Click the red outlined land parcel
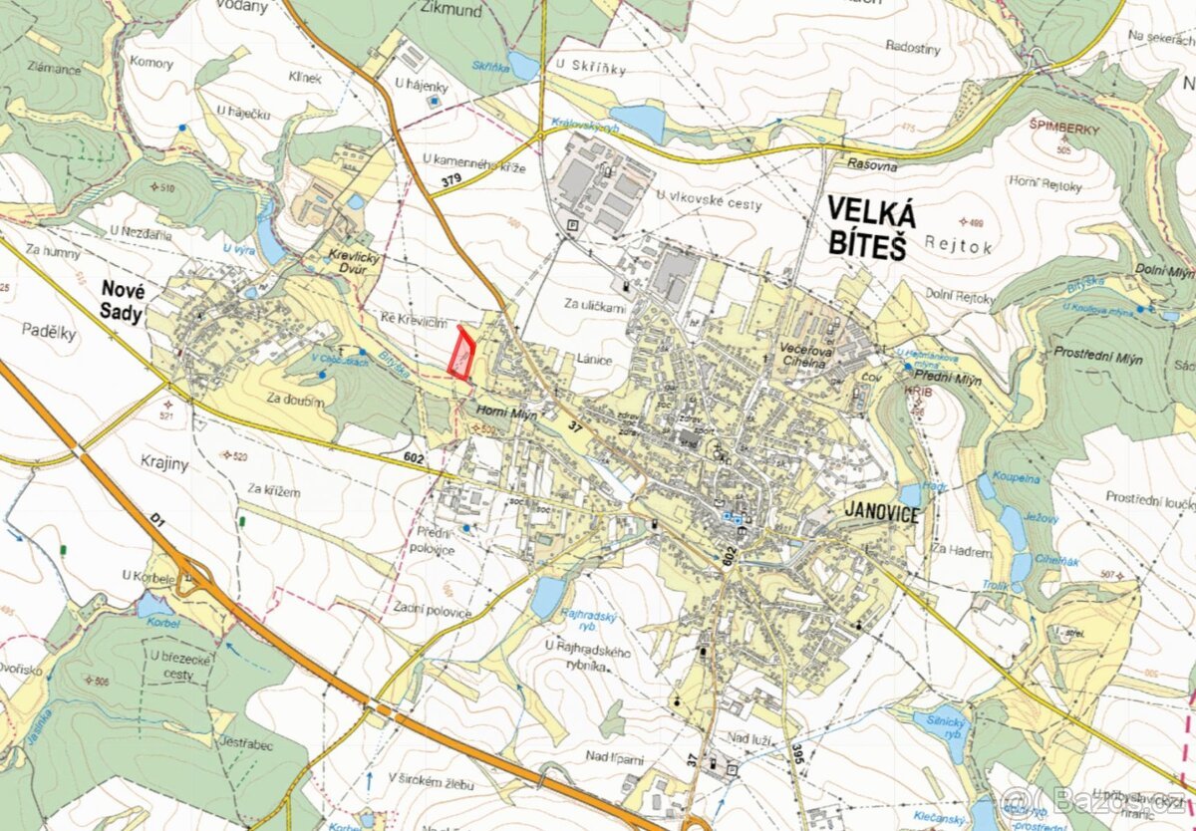click(x=461, y=353)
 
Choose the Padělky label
click(x=52, y=334)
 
